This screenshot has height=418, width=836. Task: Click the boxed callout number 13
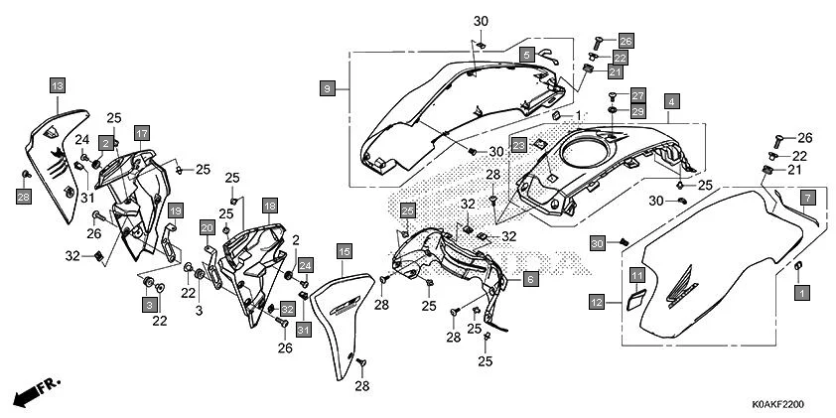click(x=57, y=86)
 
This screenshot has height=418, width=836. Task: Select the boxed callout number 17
click(x=142, y=132)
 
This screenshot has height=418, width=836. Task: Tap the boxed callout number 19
click(x=174, y=210)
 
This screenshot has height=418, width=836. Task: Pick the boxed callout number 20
click(x=207, y=227)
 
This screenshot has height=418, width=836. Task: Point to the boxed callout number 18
click(x=268, y=205)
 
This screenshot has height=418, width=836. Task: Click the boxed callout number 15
click(x=344, y=254)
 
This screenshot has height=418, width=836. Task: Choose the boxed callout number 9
click(x=326, y=89)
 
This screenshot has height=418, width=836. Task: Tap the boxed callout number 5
click(x=527, y=54)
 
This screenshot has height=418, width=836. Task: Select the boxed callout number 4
click(x=672, y=102)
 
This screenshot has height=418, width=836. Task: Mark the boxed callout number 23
click(x=518, y=145)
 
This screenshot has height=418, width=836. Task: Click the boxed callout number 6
click(x=530, y=280)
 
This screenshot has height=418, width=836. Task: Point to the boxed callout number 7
click(x=808, y=197)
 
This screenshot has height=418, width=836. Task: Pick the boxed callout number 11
click(x=636, y=274)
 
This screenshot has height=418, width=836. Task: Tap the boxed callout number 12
click(x=596, y=301)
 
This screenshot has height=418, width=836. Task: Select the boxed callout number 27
click(x=637, y=94)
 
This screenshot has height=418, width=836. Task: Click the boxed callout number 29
click(x=637, y=110)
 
